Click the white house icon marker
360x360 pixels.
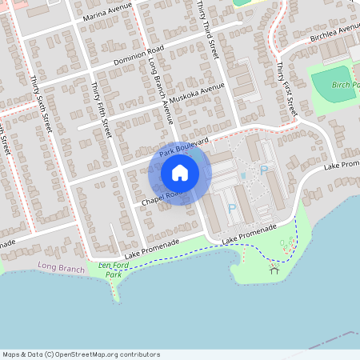pos(180,173)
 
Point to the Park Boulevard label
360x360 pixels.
pos(183,146)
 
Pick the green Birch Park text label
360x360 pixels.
pos(343,85)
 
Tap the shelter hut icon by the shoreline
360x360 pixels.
pos(274,269)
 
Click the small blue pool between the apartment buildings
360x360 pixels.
pos(242,175)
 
